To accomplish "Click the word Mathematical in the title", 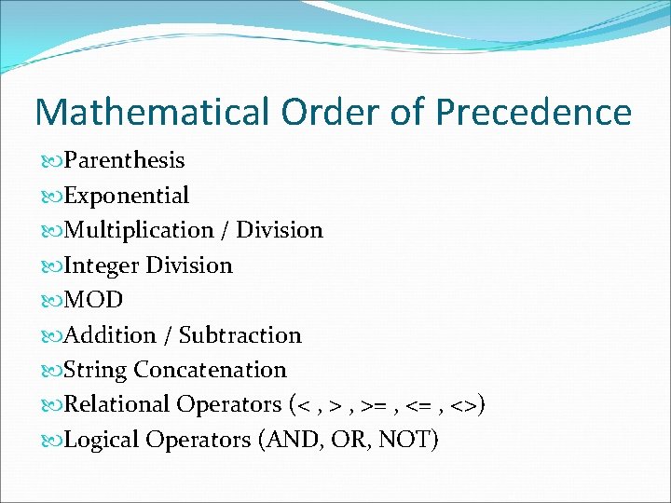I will [x=150, y=113].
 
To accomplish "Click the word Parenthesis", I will [x=124, y=160].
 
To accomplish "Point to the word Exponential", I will [x=126, y=196].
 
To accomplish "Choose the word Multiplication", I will [x=139, y=230].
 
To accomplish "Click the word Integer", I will [x=99, y=265].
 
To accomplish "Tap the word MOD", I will [x=93, y=300].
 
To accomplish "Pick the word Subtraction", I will [x=240, y=335].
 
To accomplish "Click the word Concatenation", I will [x=211, y=370].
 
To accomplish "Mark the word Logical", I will [x=102, y=439].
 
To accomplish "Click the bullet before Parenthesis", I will [x=52, y=161].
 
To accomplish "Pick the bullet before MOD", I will [x=52, y=301].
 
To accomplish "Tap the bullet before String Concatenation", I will [x=52, y=371].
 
